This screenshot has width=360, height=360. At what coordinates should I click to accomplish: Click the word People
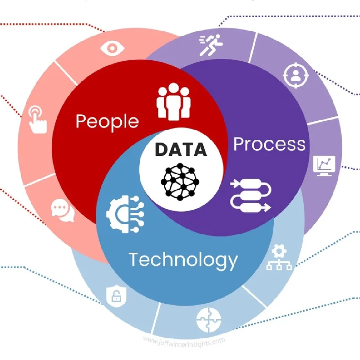click(x=107, y=122)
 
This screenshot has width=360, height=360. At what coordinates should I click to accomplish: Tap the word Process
click(x=269, y=144)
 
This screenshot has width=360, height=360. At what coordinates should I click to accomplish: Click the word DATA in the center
click(x=181, y=149)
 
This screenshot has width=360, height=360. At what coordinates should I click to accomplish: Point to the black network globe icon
click(x=182, y=182)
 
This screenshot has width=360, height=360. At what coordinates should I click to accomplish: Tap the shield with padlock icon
click(x=116, y=296)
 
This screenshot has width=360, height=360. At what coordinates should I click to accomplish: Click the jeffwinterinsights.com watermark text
click(x=184, y=340)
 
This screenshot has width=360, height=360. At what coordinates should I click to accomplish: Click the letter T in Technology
click(x=134, y=259)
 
